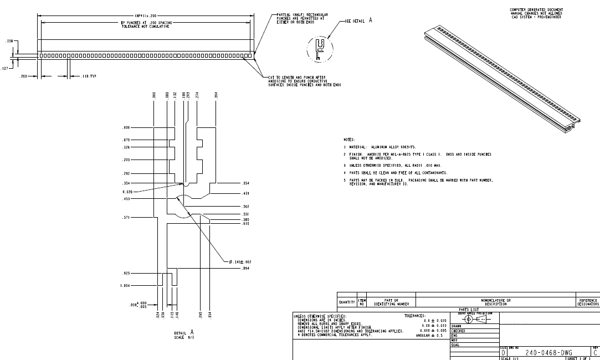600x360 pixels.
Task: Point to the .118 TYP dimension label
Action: coord(89,76)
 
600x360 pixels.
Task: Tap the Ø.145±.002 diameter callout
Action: coord(241,261)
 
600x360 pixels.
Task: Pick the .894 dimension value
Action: coord(245,268)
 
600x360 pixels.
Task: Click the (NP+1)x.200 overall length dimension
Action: coord(145,16)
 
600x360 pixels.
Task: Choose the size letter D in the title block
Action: coord(503,353)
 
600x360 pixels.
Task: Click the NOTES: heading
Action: coord(349,140)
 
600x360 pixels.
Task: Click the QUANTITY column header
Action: coord(348,301)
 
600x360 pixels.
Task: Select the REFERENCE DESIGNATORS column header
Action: coord(588,302)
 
